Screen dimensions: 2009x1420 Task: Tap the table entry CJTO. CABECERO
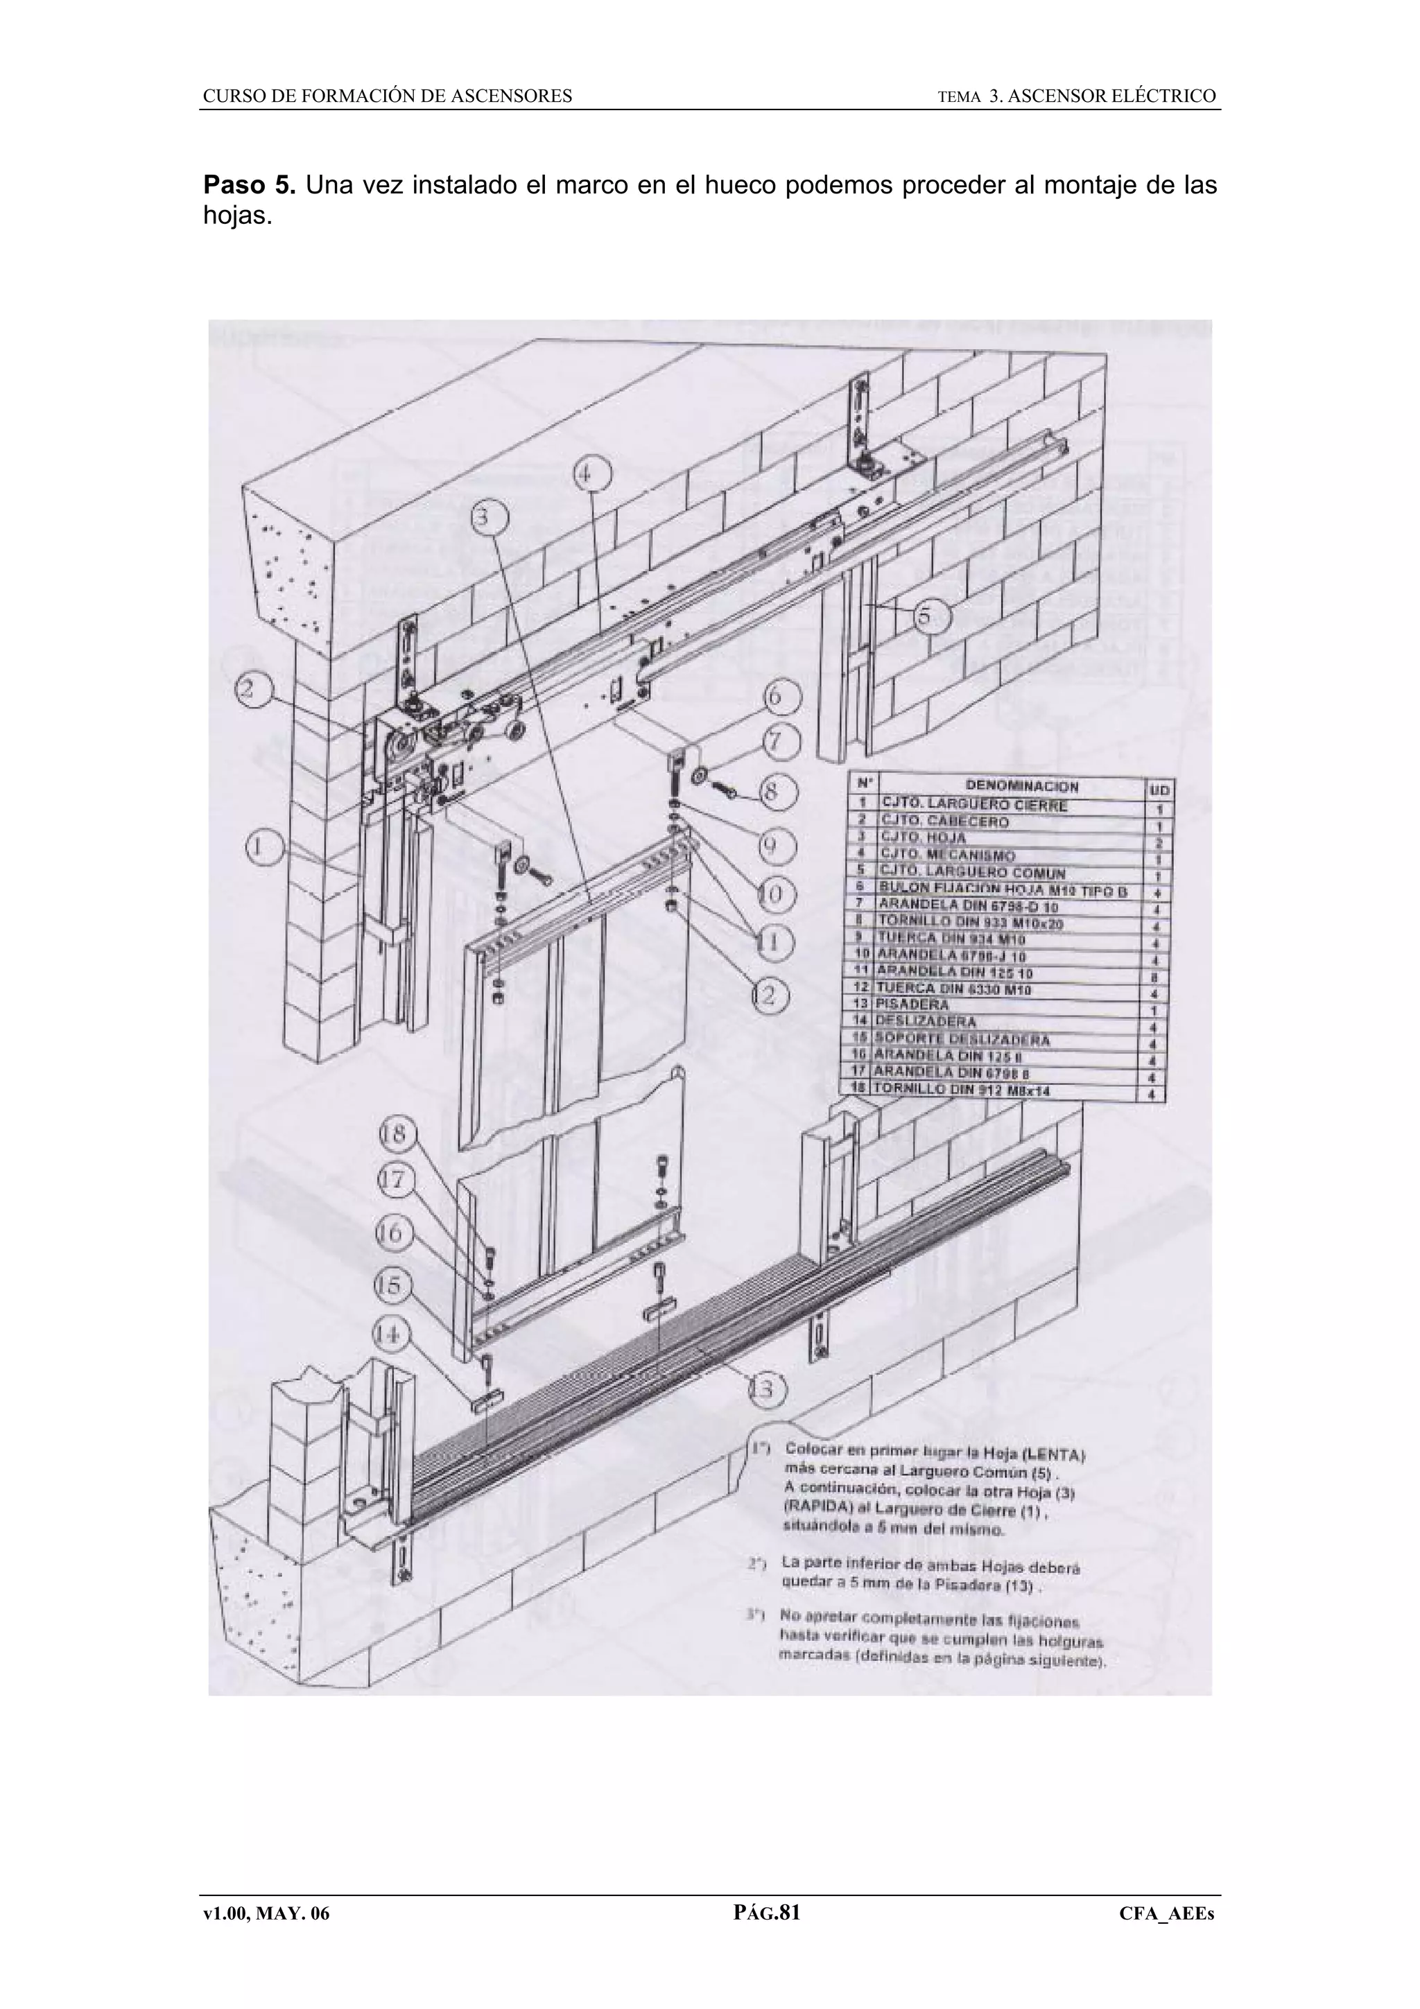tap(945, 821)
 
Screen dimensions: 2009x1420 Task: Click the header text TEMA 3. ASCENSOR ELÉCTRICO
tap(1076, 96)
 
